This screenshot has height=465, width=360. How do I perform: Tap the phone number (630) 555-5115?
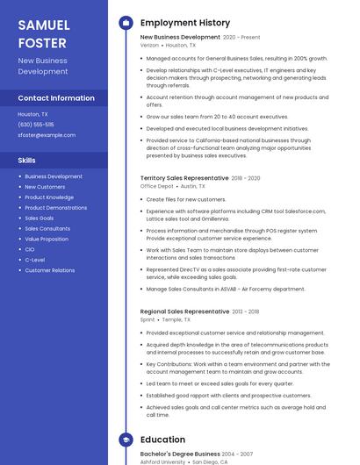[36, 125]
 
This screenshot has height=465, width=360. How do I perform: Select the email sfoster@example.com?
[47, 135]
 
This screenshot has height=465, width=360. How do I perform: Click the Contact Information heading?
[56, 98]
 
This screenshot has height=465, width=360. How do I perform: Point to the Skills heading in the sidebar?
[27, 161]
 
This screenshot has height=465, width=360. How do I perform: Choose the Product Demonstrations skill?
[56, 207]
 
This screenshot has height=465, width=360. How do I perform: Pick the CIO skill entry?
[30, 249]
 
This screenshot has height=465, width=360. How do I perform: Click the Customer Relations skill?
[50, 270]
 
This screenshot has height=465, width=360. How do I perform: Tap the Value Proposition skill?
[47, 239]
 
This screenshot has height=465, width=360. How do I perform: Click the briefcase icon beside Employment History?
[126, 23]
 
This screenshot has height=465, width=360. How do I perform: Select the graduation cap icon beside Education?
[126, 440]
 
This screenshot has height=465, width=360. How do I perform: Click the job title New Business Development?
[180, 38]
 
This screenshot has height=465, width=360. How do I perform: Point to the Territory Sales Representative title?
[184, 178]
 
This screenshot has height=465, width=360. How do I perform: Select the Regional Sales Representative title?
[184, 311]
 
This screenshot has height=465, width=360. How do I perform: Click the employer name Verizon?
[149, 45]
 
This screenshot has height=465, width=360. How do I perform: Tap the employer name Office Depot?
[157, 186]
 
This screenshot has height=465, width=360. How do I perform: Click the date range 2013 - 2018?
[246, 311]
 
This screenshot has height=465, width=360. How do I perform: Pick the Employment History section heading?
[185, 23]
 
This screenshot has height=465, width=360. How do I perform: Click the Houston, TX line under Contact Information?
[33, 114]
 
